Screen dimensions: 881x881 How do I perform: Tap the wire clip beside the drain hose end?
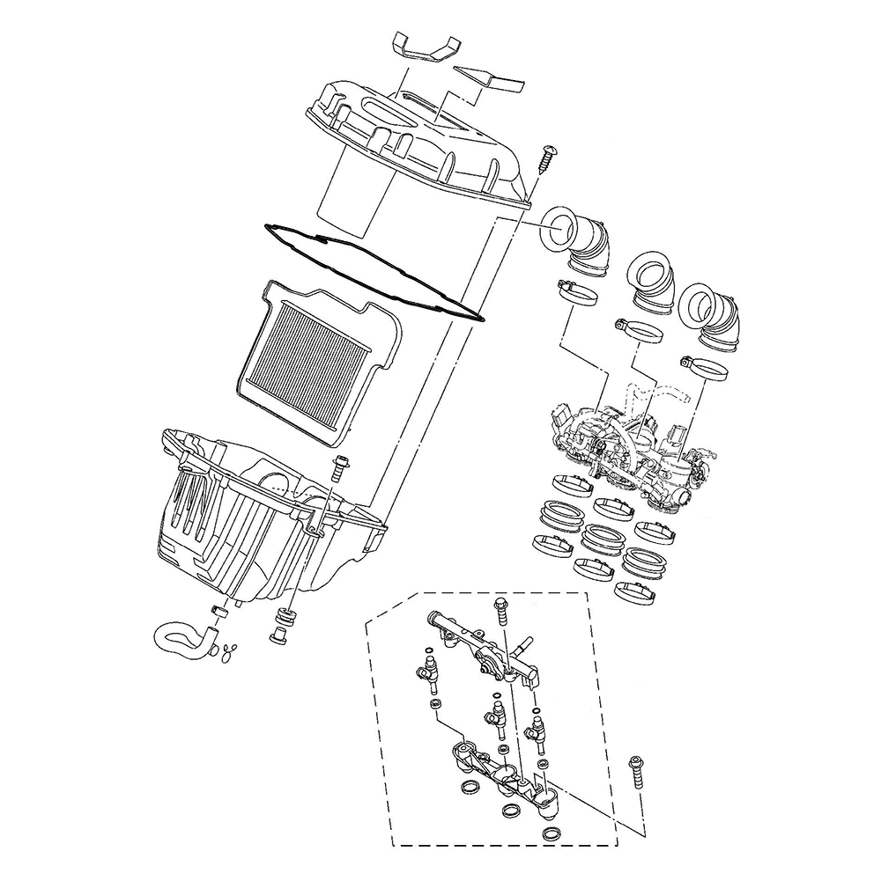point(229,651)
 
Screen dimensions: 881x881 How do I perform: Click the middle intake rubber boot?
point(650,276)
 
